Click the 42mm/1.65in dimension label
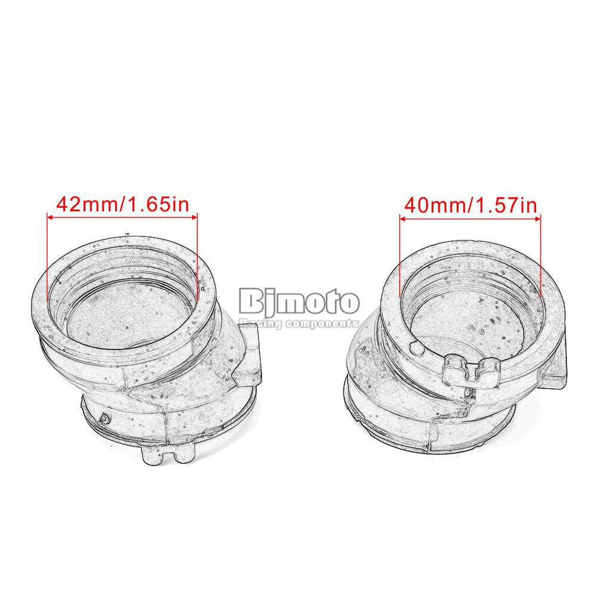(x=122, y=205)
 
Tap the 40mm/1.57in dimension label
(x=470, y=205)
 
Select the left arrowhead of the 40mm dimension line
(x=402, y=219)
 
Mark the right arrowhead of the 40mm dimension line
(x=537, y=219)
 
